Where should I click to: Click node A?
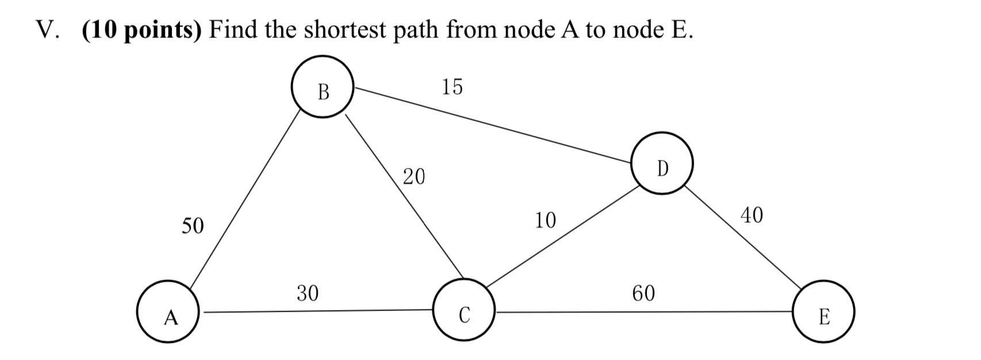point(168,312)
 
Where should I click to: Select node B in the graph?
point(322,87)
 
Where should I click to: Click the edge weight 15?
point(452,87)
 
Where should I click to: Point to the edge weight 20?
point(413,177)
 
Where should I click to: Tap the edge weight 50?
point(193,226)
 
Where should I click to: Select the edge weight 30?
point(307,293)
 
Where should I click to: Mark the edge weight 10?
point(545,220)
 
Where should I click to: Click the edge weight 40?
point(752,215)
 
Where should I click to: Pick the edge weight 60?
point(643,293)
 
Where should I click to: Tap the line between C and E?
point(644,312)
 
